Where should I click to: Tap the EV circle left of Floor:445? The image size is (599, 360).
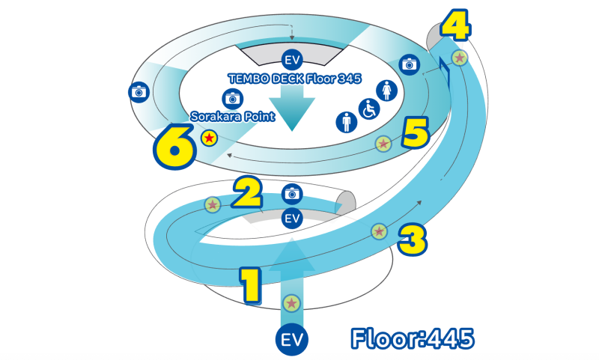click(x=291, y=338)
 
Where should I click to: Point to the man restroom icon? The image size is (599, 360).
click(x=346, y=121)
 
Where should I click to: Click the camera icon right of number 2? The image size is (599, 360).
click(x=292, y=193)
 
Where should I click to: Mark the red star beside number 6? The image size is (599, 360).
click(x=209, y=138)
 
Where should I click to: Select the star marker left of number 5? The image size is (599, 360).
click(x=383, y=143)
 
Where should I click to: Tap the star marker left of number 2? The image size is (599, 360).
click(x=213, y=204)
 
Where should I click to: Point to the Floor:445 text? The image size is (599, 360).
click(x=412, y=338)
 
